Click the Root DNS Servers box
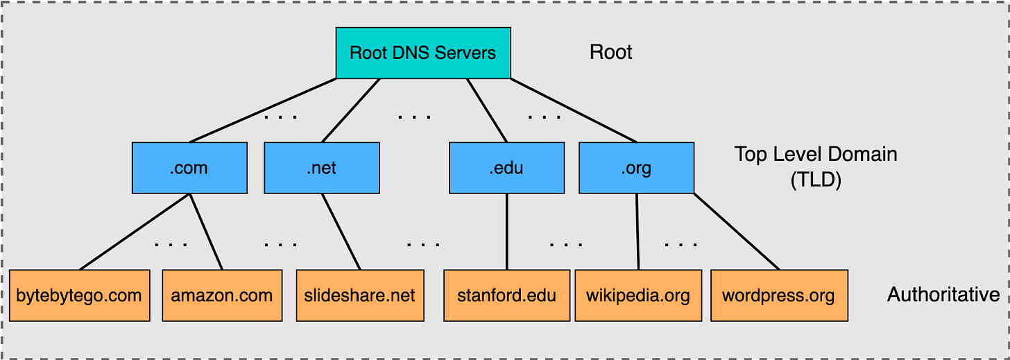[423, 53]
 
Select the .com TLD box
[189, 168]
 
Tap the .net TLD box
[322, 168]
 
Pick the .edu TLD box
[506, 168]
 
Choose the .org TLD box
[636, 168]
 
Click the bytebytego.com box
[80, 295]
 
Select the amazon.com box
[222, 295]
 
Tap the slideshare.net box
[359, 295]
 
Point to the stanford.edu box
[506, 295]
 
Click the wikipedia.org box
[638, 295]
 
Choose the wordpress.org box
[779, 295]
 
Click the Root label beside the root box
[610, 53]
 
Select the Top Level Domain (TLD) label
[816, 166]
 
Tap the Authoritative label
[943, 295]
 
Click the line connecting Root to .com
[264, 110]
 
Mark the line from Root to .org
[574, 110]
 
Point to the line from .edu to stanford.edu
[507, 232]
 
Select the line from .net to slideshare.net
[341, 232]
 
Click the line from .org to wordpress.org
[737, 232]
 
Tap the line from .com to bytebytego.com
[135, 232]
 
